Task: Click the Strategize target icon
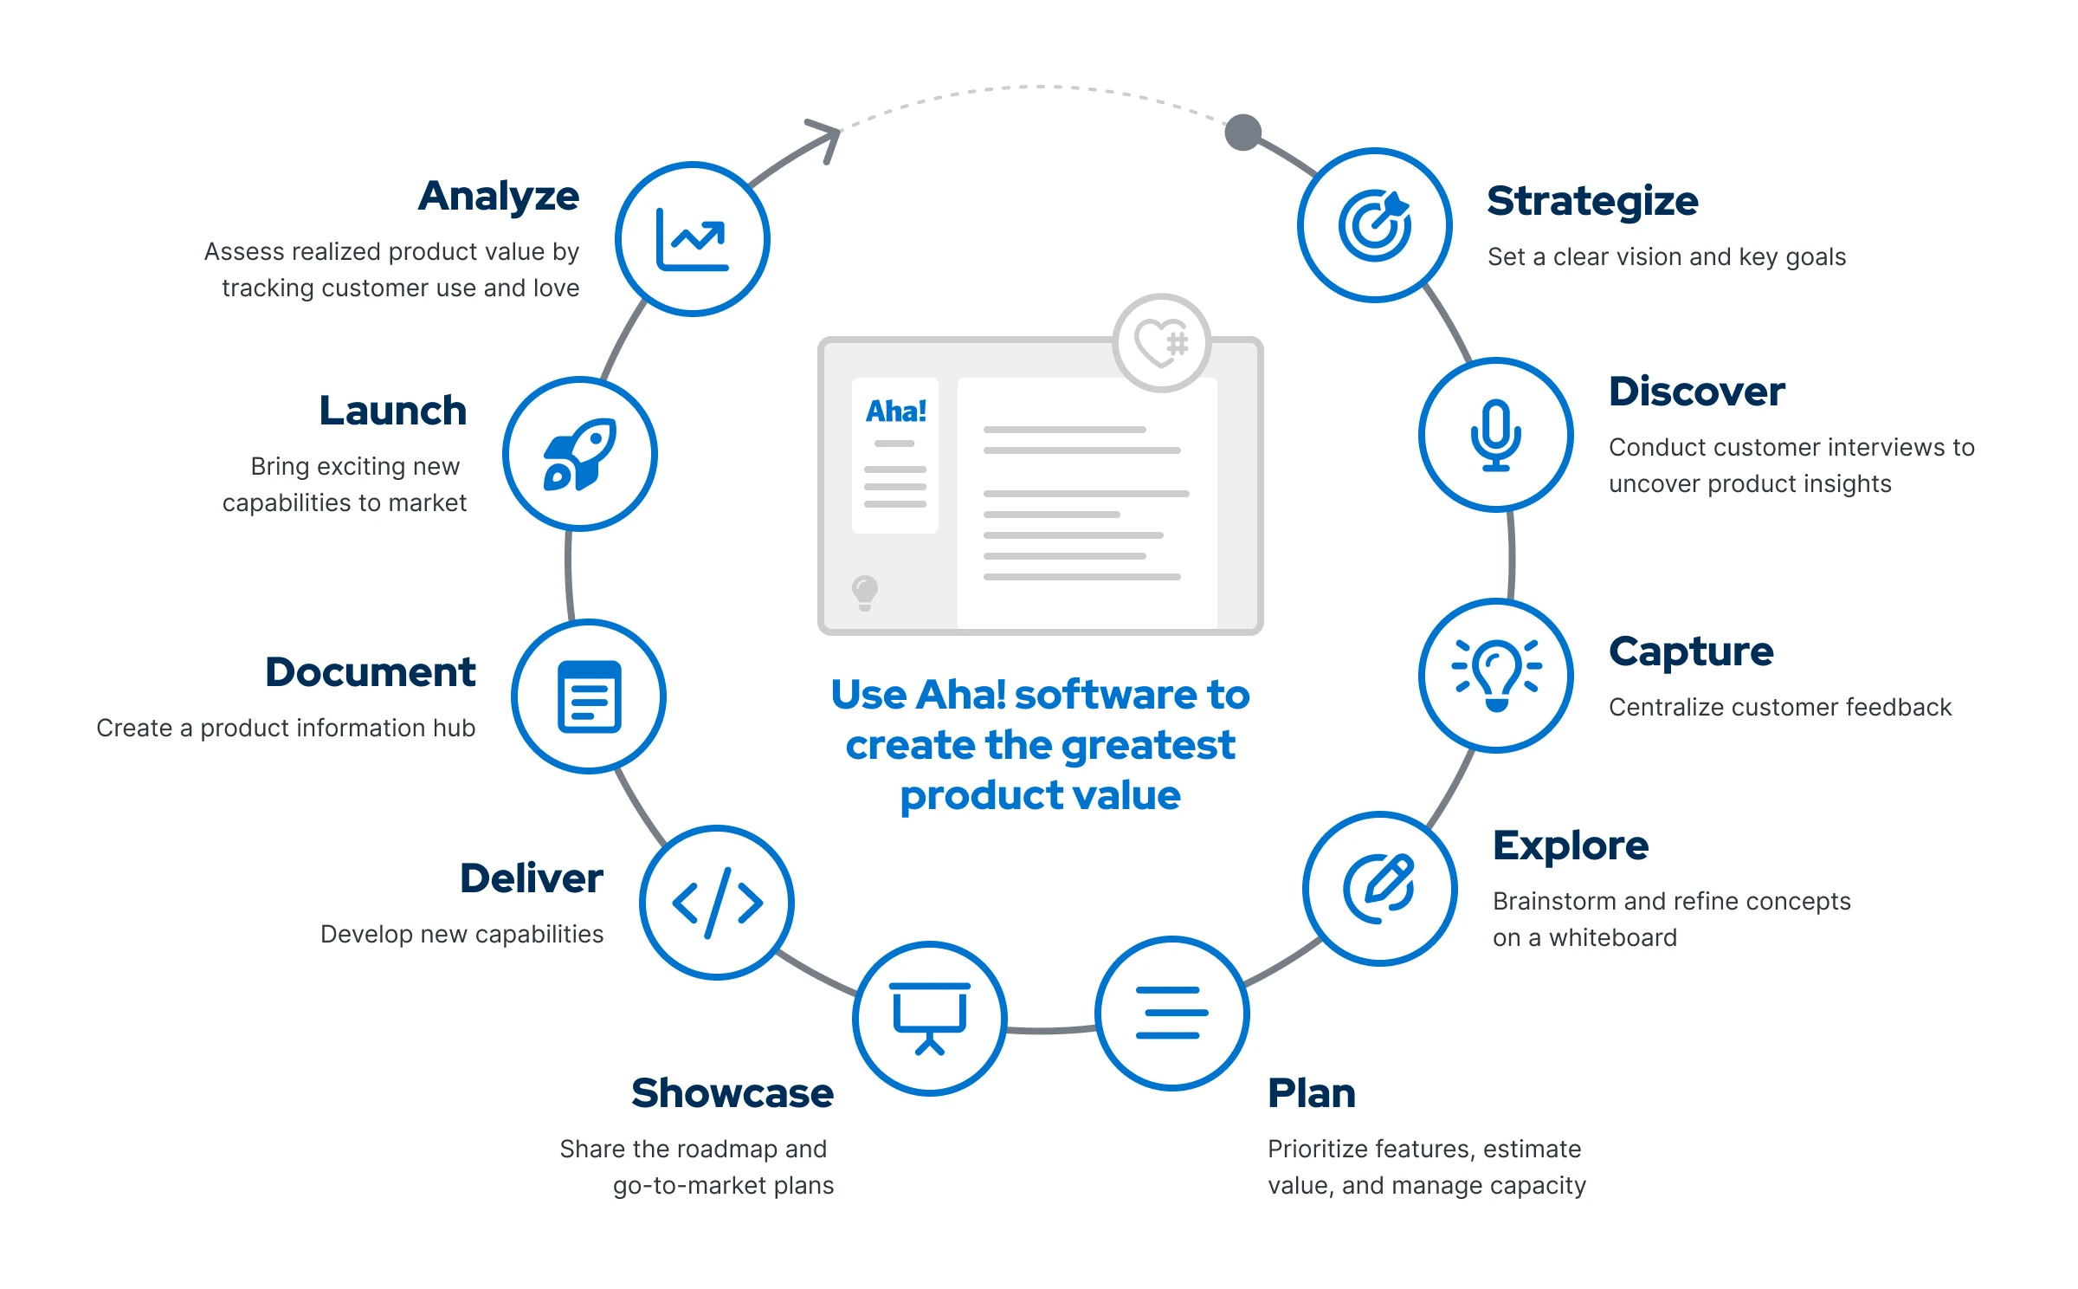point(1374,225)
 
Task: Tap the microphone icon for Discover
point(1495,435)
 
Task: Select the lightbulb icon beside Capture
point(1496,676)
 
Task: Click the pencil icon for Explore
point(1379,889)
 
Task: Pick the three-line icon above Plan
point(1171,1013)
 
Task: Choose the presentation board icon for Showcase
point(930,1018)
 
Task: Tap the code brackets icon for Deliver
point(717,903)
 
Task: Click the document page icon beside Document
point(589,696)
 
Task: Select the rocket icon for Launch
point(579,454)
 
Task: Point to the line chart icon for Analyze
point(692,239)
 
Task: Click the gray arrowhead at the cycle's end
point(827,137)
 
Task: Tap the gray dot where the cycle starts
point(1242,133)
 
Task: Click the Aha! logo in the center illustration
point(896,411)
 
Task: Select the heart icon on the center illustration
point(1161,343)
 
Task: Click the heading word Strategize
point(1592,201)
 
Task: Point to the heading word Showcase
point(732,1093)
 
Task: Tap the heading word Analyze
point(499,197)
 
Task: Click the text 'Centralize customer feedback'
point(1779,707)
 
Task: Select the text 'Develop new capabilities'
point(461,934)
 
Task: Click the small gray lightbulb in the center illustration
point(864,593)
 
